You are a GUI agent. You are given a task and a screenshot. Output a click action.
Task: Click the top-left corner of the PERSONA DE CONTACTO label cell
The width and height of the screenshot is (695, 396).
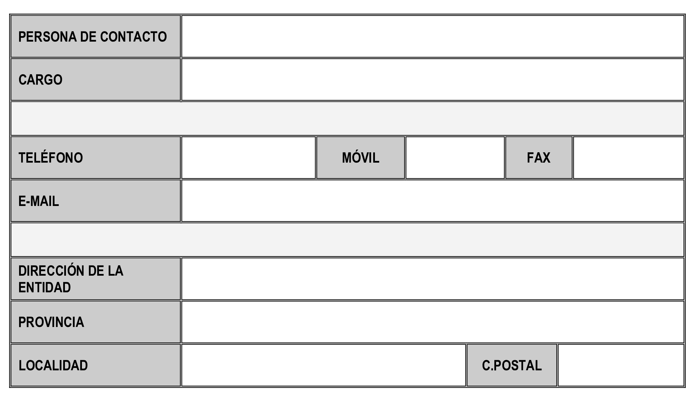point(11,16)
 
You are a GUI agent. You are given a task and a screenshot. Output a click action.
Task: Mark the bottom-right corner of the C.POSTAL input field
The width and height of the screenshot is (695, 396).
point(684,386)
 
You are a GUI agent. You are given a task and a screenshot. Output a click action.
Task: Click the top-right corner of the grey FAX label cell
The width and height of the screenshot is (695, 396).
point(572,137)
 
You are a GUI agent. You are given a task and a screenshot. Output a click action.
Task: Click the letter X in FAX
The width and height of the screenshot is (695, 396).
point(546,158)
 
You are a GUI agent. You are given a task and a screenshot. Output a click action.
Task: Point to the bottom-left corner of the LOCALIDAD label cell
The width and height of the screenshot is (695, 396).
point(11,386)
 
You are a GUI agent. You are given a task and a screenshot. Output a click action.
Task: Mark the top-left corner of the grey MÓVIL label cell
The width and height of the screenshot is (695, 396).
point(317,137)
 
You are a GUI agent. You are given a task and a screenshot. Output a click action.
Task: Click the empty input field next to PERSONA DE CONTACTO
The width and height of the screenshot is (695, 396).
point(433,36)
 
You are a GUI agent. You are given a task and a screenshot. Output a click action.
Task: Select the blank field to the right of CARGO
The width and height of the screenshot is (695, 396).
point(433,79)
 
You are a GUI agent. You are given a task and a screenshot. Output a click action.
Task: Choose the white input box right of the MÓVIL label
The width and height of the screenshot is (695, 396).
point(455,158)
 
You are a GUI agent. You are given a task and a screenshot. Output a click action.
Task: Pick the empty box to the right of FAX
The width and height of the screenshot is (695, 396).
point(628,158)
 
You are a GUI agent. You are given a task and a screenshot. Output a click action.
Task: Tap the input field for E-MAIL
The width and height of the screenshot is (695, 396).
point(433,201)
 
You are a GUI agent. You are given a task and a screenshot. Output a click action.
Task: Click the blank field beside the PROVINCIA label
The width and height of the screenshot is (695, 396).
point(433,322)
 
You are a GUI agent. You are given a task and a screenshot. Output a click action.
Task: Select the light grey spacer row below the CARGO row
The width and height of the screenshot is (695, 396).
point(347,118)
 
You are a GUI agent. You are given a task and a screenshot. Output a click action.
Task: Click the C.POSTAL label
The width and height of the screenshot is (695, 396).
point(512,365)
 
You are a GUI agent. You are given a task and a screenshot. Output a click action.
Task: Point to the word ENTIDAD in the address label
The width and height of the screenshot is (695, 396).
point(44,287)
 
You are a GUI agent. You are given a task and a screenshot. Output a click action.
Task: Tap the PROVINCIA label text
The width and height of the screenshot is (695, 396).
point(51,322)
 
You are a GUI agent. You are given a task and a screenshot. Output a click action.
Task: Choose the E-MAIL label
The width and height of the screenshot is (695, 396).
point(39,201)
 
